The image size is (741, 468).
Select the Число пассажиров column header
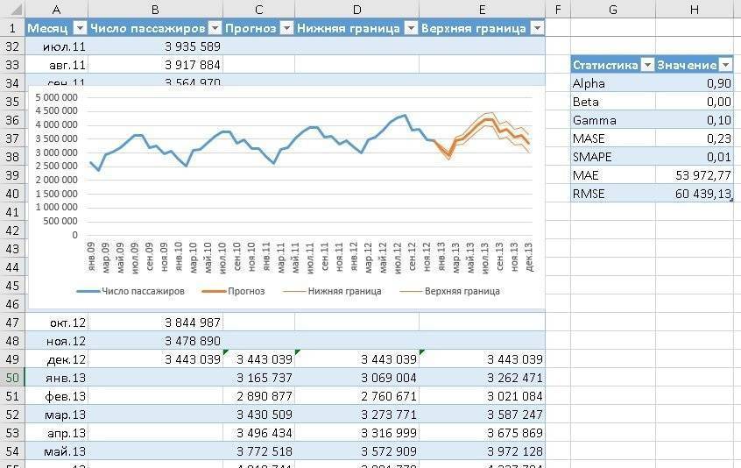tap(147, 28)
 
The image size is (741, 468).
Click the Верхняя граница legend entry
tap(462, 291)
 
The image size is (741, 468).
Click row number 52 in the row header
tap(11, 415)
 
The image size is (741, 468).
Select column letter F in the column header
tap(557, 9)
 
